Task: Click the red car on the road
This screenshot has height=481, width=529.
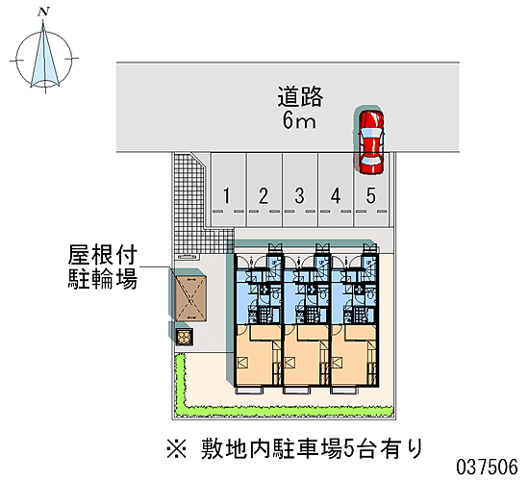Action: [x=371, y=142]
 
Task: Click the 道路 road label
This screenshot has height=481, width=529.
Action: [x=300, y=97]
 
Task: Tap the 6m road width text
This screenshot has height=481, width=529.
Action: [x=299, y=121]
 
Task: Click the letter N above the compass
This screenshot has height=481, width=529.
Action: [x=43, y=12]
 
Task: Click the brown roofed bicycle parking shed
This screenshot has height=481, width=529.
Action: [x=190, y=298]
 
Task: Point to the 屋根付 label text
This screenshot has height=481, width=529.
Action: [x=103, y=255]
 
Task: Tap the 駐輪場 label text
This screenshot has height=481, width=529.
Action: [x=103, y=278]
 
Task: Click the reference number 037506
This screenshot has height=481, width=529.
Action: [x=487, y=468]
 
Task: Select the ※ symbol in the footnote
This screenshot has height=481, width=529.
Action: [x=176, y=449]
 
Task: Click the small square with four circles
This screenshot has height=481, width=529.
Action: [x=185, y=337]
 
